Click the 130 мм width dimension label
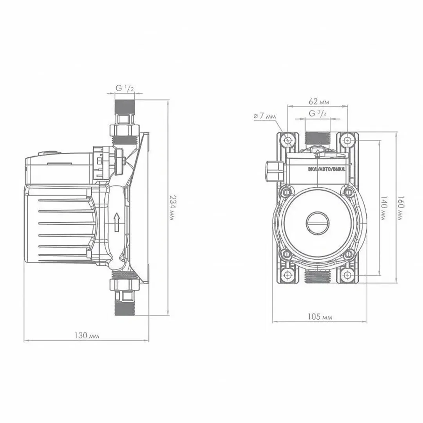coord(87,336)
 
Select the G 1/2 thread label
coord(125,88)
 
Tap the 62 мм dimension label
coord(318,102)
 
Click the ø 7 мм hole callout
coord(265,116)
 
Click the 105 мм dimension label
coord(320,316)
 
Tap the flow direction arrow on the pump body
coord(117,222)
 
